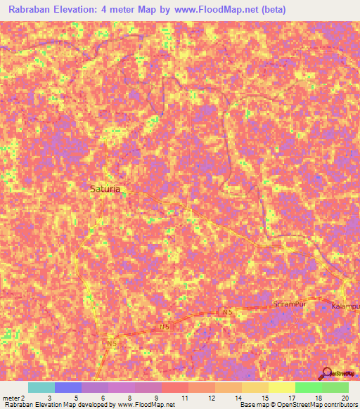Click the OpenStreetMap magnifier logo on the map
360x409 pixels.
[326, 373]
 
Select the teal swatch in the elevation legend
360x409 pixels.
[41, 387]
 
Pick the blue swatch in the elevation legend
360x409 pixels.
[68, 387]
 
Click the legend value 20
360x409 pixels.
[345, 398]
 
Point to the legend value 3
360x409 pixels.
[49, 398]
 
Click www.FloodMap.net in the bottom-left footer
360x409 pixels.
[146, 405]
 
